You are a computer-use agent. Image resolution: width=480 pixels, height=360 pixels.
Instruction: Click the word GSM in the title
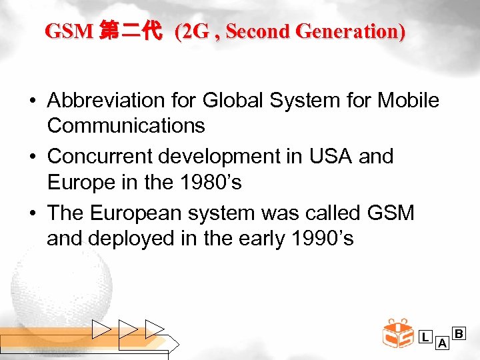pyautogui.click(x=69, y=31)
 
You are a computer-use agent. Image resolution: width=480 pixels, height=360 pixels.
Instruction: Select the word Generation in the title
pyautogui.click(x=352, y=31)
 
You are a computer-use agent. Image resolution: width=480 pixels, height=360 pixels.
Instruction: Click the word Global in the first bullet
pyautogui.click(x=225, y=101)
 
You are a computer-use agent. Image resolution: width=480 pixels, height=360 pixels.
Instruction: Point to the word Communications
pyautogui.click(x=126, y=125)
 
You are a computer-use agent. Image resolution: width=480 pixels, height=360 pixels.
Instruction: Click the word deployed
pyautogui.click(x=140, y=238)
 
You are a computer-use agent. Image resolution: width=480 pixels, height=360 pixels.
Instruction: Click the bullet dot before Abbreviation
pyautogui.click(x=32, y=101)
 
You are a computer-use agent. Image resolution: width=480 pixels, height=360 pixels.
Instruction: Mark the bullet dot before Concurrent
pyautogui.click(x=32, y=157)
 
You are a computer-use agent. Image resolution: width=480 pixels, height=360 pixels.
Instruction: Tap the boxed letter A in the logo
pyautogui.click(x=441, y=344)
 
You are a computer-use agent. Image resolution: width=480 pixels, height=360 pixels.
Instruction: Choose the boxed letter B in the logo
pyautogui.click(x=459, y=332)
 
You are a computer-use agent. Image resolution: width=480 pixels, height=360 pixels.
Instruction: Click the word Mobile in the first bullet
pyautogui.click(x=408, y=101)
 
